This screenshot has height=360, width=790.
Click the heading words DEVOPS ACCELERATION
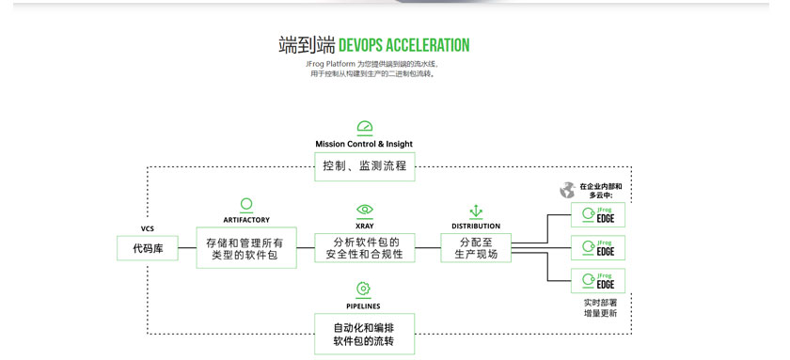[404, 45]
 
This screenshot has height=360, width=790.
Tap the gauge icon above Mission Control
[365, 128]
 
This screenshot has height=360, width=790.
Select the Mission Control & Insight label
[364, 144]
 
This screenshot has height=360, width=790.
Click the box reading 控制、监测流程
[365, 166]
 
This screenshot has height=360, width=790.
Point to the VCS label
[148, 228]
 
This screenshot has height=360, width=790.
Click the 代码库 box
[148, 248]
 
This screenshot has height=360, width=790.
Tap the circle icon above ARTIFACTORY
[246, 204]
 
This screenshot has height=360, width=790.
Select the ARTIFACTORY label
[246, 220]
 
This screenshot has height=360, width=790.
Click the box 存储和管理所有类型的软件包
[246, 248]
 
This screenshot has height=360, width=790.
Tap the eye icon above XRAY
[365, 210]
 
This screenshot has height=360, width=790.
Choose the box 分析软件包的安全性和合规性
[365, 248]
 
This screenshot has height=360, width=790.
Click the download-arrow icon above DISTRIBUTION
[476, 211]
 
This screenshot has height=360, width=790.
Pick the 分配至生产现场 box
[476, 248]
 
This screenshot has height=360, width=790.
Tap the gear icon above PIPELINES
[363, 289]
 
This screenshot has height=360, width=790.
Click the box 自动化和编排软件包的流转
[365, 334]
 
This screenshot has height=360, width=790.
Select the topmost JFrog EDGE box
[598, 215]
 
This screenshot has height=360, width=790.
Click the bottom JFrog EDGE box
[598, 281]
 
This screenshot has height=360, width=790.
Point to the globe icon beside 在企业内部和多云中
[567, 190]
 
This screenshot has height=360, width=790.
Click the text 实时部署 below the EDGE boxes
[600, 303]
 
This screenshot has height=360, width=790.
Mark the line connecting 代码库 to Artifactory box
[187, 248]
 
